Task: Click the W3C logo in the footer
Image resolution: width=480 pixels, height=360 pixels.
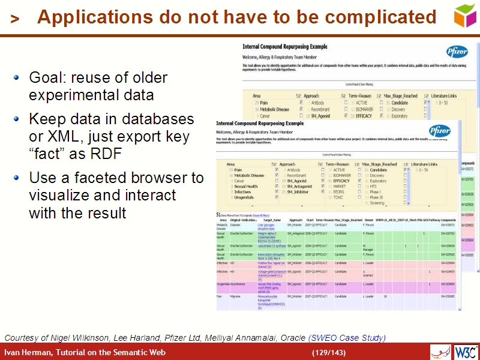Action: click(466, 352)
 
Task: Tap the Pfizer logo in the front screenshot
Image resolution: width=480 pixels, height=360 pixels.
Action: click(439, 130)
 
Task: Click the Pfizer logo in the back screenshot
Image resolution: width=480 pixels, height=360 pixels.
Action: click(457, 52)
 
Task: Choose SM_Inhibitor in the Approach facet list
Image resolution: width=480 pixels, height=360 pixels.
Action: click(298, 191)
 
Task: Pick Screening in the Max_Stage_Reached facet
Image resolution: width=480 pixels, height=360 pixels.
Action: click(377, 203)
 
